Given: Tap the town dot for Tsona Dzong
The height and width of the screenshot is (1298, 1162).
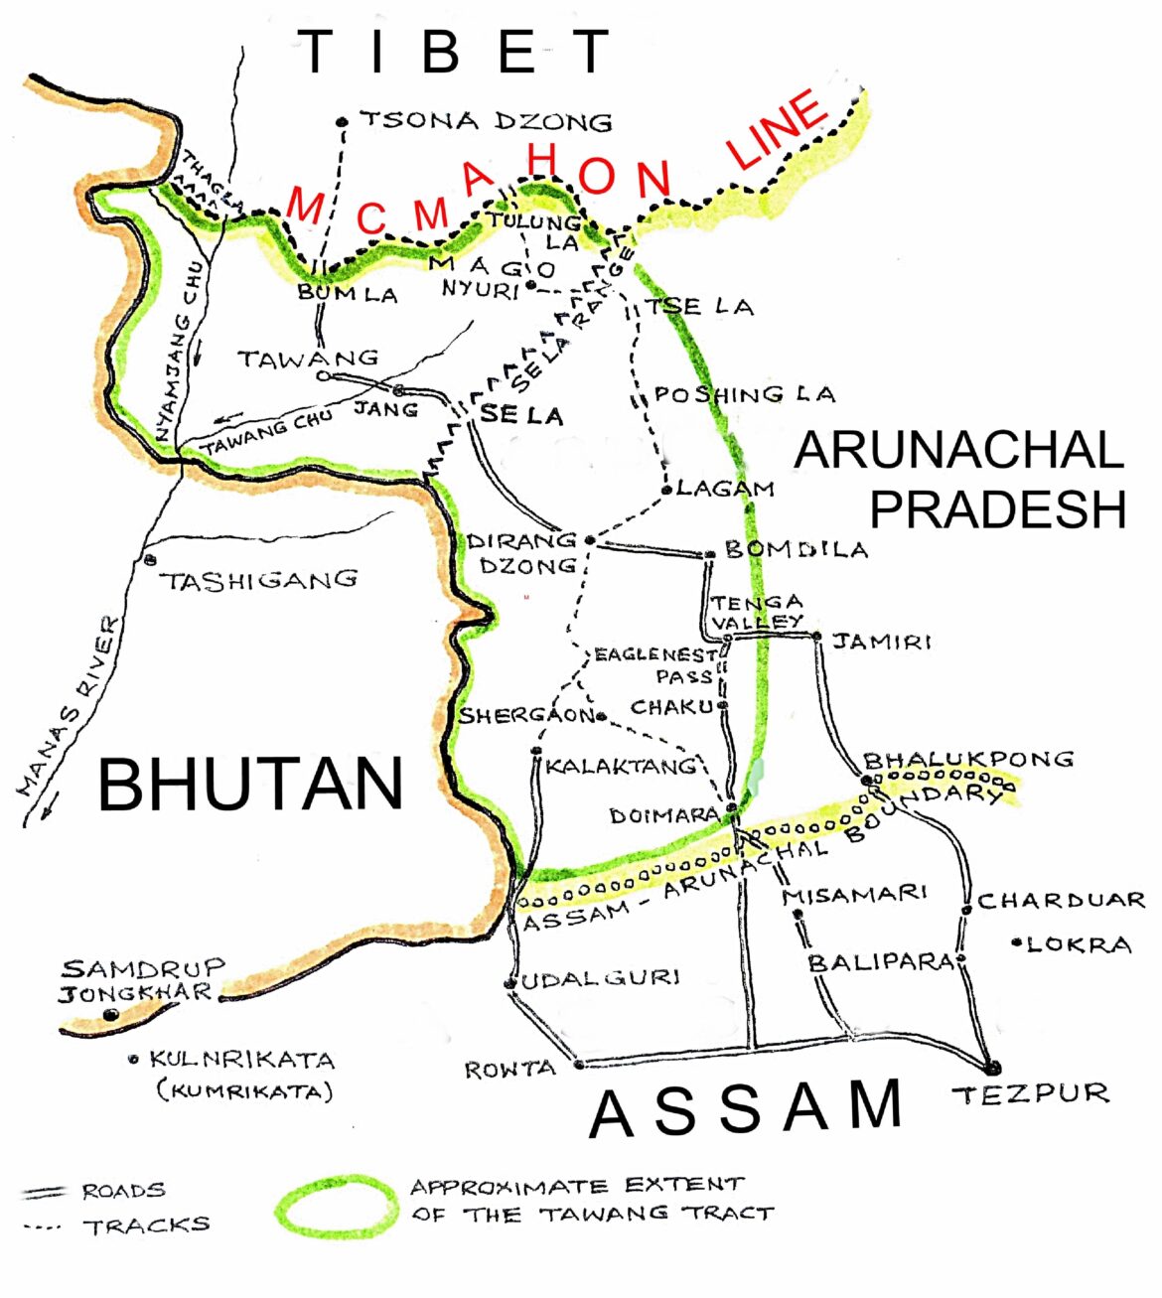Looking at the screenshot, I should (x=343, y=122).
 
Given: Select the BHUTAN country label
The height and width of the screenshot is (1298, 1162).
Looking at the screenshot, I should (x=250, y=785).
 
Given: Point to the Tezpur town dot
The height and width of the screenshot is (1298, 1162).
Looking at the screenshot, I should (x=990, y=1068).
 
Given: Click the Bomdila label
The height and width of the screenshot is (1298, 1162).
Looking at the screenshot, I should (x=796, y=549).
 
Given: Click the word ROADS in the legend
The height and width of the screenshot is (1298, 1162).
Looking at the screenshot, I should (x=123, y=1191).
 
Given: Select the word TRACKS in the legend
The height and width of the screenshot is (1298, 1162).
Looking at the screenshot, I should (x=146, y=1226).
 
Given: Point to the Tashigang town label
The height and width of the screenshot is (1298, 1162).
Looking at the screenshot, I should (x=259, y=580).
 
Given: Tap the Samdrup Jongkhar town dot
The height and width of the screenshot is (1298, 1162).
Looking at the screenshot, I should (x=111, y=1015).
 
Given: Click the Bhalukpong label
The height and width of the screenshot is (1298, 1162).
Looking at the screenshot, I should (x=968, y=760).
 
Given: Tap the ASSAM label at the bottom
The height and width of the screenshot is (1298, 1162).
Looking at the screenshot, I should (x=746, y=1109).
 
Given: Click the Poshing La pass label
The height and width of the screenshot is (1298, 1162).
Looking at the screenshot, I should (x=744, y=394).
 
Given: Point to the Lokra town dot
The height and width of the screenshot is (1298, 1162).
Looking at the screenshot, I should (x=1016, y=942).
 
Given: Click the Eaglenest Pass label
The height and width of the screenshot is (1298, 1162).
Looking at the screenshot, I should (x=655, y=665).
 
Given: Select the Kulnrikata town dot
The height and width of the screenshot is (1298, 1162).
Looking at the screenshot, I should (x=133, y=1060).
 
